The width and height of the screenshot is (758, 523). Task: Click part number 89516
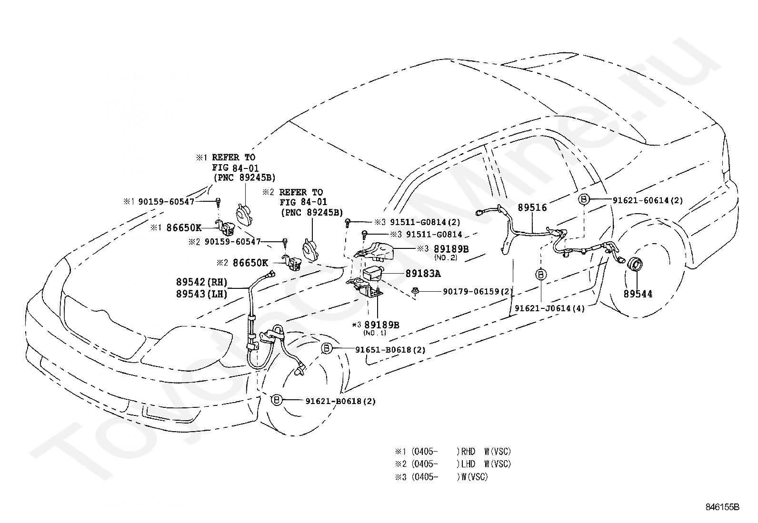coord(532,207)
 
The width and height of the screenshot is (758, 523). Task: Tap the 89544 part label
coord(638,294)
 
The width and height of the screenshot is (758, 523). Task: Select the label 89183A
coord(423,273)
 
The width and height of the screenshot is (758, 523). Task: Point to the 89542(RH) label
coord(201,282)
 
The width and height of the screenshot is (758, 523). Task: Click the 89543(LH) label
coord(201,294)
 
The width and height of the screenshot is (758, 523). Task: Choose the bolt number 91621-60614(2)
coord(648,200)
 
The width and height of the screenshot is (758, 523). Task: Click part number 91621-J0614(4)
coord(550,308)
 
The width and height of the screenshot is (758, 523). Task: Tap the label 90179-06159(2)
coord(478,291)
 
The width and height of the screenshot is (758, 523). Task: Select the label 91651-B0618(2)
coord(390,349)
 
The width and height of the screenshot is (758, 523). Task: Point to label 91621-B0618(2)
coord(340,401)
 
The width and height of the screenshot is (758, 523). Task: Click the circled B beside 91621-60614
coord(584,199)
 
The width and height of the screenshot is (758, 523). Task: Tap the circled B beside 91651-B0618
coord(326,348)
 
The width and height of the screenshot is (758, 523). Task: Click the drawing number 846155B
coord(722,507)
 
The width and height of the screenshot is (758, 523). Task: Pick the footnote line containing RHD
coord(453,452)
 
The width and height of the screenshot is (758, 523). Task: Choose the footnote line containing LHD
coord(453,464)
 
